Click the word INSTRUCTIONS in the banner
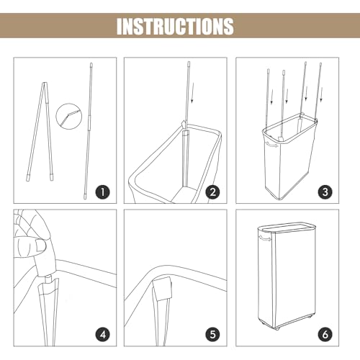pyautogui.click(x=175, y=26)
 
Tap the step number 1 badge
pyautogui.click(x=103, y=192)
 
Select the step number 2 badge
pyautogui.click(x=212, y=192)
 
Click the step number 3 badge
pyautogui.click(x=325, y=192)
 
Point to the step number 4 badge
pyautogui.click(x=103, y=334)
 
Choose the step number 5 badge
pyautogui.click(x=212, y=334)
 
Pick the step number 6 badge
pyautogui.click(x=325, y=334)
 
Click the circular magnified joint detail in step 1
pyautogui.click(x=68, y=117)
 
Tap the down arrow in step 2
pyautogui.click(x=192, y=93)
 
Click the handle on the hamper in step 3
pyautogui.click(x=271, y=145)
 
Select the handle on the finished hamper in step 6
pyautogui.click(x=265, y=239)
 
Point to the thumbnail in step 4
pyautogui.click(x=40, y=246)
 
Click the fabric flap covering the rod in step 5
pyautogui.click(x=162, y=289)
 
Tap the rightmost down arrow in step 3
pyautogui.click(x=321, y=95)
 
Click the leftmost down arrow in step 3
pyautogui.click(x=271, y=97)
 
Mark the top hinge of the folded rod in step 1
pyautogui.click(x=45, y=84)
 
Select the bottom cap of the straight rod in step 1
pyautogui.click(x=85, y=197)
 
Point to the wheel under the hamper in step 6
pyautogui.click(x=278, y=329)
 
